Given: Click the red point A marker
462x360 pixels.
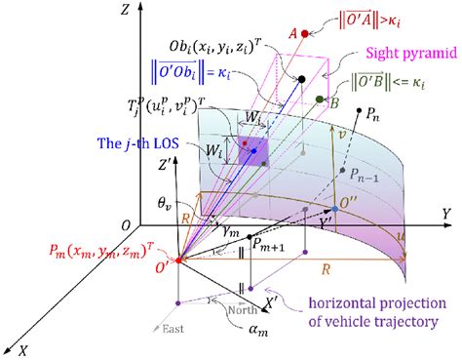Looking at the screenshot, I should click(306, 33).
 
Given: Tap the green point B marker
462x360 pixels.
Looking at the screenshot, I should click(321, 100).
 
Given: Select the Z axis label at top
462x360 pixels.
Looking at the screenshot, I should click(116, 10).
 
